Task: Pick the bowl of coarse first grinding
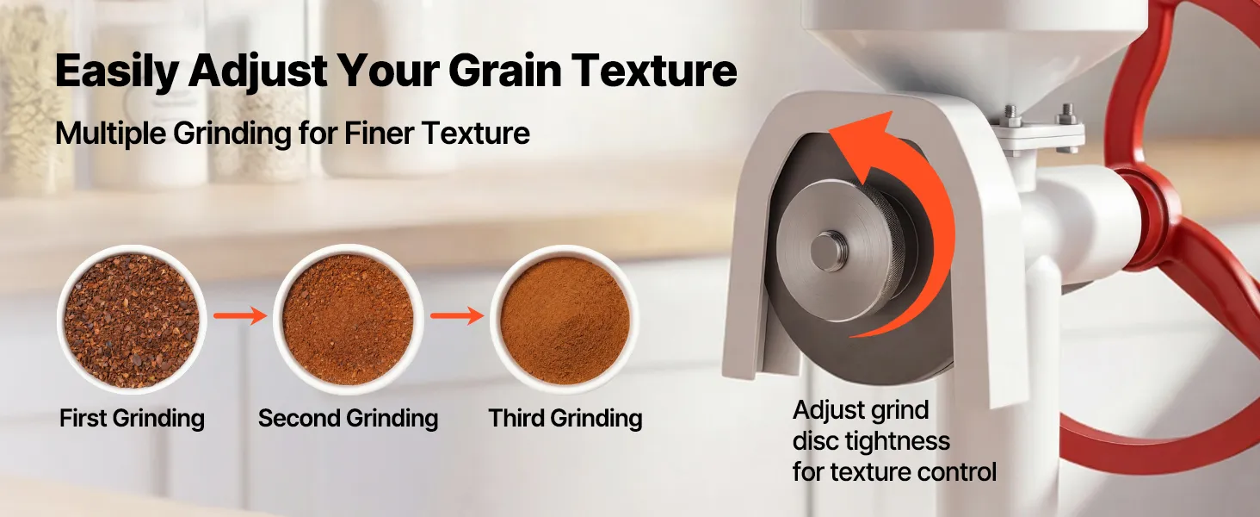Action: pos(132,320)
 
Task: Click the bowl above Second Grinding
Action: pos(349,320)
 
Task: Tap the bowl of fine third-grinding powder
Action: pos(565,320)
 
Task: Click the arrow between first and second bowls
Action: pos(240,315)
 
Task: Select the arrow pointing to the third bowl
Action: pos(457,315)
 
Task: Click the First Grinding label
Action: pos(133,419)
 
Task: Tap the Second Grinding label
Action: pos(349,419)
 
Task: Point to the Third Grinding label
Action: pos(565,419)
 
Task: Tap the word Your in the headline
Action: pos(387,71)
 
